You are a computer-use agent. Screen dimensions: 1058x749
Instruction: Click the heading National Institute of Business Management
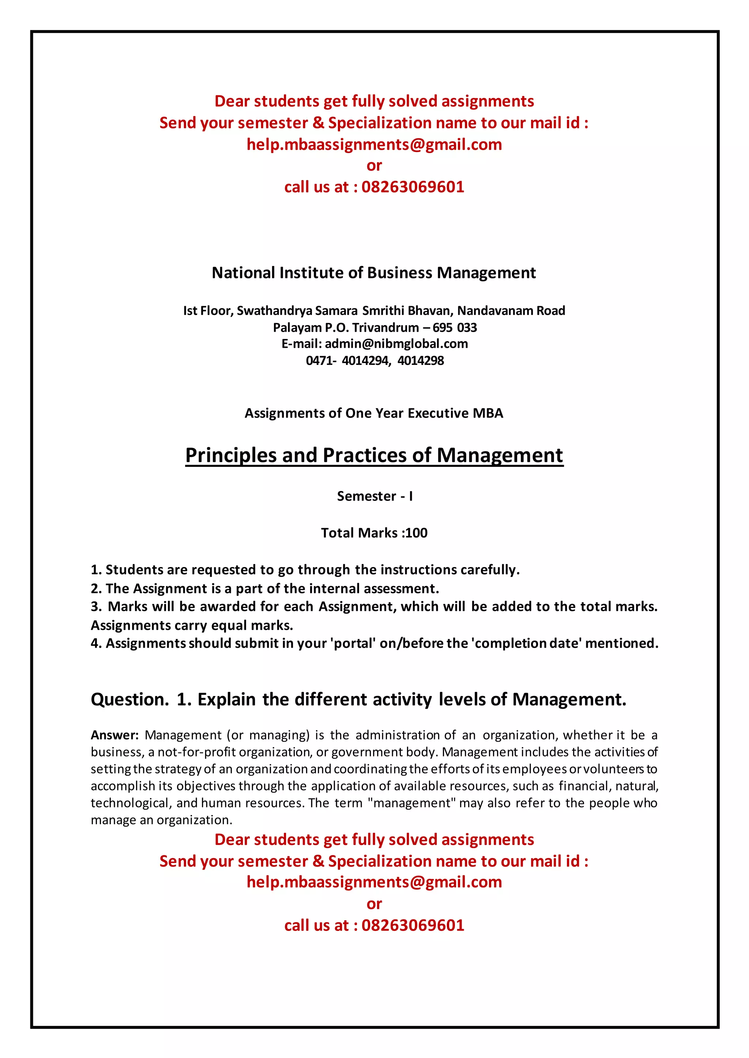point(373,273)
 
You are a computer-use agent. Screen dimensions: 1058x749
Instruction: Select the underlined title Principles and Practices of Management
point(374,455)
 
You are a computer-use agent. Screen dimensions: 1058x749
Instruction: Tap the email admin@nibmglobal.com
point(396,344)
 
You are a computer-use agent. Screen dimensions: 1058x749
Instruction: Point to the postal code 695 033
point(455,328)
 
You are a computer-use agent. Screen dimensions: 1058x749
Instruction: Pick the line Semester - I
point(374,496)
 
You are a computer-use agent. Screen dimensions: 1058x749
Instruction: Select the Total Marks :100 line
point(374,533)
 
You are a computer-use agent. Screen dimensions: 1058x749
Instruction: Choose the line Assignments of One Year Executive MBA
point(373,413)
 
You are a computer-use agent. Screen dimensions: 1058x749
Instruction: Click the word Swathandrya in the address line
point(274,311)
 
